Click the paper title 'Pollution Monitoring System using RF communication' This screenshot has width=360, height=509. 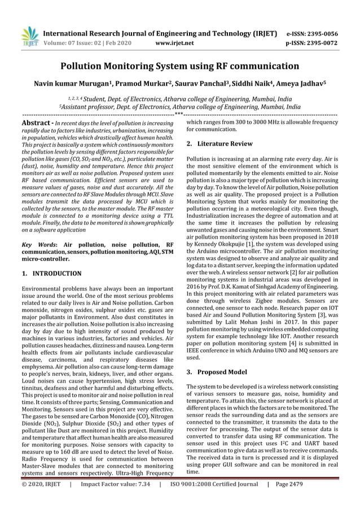(179, 66)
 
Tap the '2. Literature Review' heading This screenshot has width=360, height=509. (219, 144)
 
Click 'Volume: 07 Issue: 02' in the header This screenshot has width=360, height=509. (85, 42)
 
